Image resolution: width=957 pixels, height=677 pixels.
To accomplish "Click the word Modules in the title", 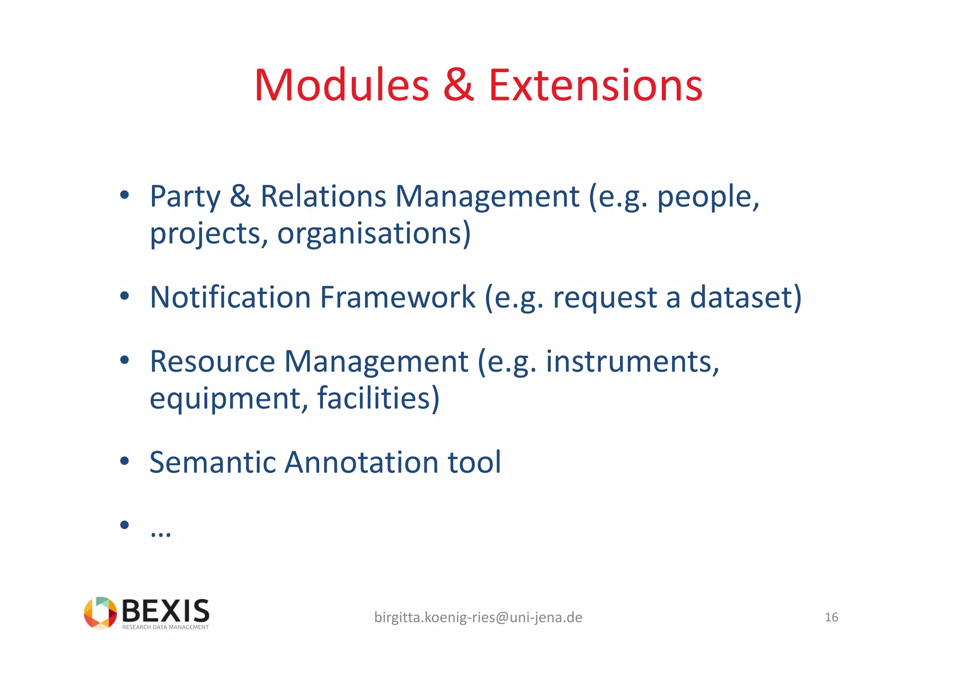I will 342,85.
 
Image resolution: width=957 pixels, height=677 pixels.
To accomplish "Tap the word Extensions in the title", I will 595,85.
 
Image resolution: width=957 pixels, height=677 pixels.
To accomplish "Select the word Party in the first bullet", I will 185,197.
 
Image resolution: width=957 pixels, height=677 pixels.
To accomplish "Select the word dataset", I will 745,297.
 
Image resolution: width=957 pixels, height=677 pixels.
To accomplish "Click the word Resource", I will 212,361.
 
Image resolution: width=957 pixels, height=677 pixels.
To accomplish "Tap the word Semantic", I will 212,462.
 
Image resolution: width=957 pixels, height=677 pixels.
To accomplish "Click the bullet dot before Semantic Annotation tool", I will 124,461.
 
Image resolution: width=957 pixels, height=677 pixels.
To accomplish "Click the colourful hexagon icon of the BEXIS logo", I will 100,612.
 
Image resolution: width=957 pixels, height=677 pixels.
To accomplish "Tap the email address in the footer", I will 478,618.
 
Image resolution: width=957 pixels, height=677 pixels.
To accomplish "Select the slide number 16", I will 831,618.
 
